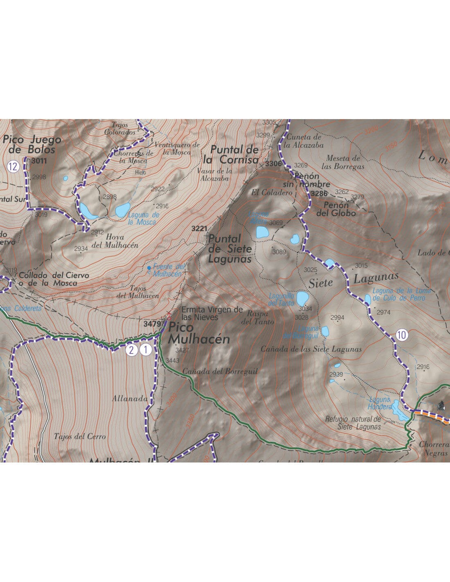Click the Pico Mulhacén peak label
(x=199, y=333)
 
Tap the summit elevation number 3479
(x=152, y=323)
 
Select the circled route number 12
(x=13, y=167)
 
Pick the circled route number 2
(x=131, y=350)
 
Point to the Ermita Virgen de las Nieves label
(x=212, y=313)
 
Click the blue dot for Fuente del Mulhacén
(x=149, y=268)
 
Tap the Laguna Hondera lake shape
(x=398, y=411)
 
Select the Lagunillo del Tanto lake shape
(x=302, y=298)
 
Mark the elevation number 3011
(x=39, y=161)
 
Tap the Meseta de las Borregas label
(x=343, y=162)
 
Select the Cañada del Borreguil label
(x=220, y=371)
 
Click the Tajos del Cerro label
(x=79, y=436)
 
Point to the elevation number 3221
(x=200, y=228)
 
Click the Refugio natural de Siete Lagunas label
(x=353, y=423)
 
